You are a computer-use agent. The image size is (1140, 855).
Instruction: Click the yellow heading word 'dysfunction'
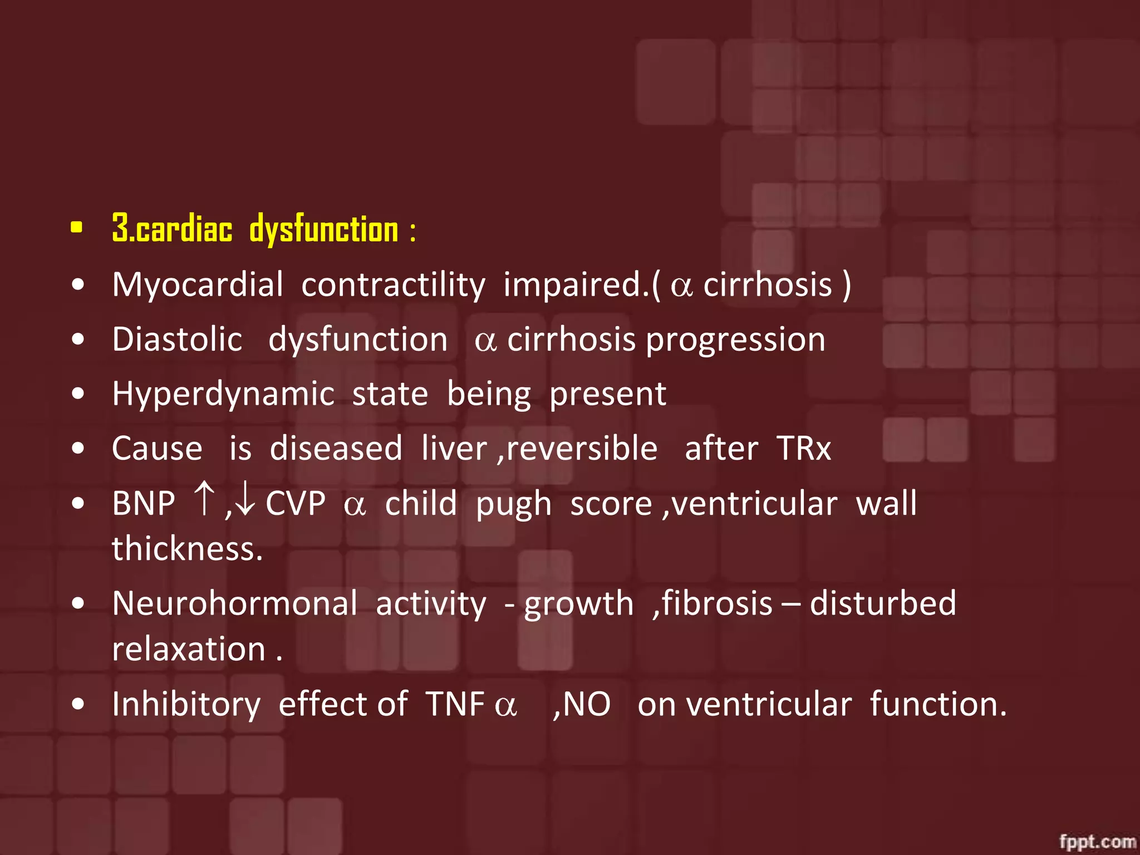coord(324,229)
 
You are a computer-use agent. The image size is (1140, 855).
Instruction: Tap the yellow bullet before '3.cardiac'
coord(77,227)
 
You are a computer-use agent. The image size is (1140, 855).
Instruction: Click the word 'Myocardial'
coord(198,285)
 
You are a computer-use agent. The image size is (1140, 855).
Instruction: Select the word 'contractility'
coord(393,285)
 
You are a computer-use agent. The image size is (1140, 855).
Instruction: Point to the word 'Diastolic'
coord(177,340)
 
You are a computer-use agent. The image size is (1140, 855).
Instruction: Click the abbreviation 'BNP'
coord(144,504)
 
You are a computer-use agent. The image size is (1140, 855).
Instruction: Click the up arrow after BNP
coord(204,499)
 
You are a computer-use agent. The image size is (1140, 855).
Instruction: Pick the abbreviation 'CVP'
coord(296,504)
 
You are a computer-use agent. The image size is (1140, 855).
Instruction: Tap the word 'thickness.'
coord(187,549)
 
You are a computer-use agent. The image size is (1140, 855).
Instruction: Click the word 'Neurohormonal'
coord(234,603)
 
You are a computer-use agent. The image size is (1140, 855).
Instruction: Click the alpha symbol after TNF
coord(505,706)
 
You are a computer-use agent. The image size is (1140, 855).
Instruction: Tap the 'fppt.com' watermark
coord(1097,841)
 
